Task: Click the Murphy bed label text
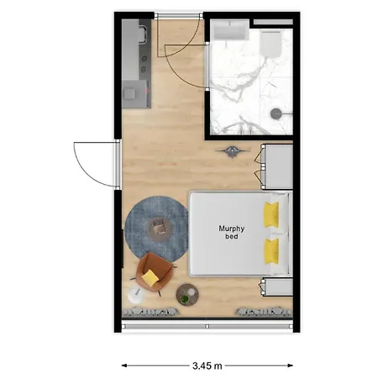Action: [x=232, y=232]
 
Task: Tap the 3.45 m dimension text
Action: [x=207, y=365]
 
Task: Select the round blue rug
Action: [x=156, y=229]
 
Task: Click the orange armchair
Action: [x=154, y=272]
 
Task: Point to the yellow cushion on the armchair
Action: [x=150, y=277]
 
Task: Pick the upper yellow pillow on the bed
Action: [x=271, y=214]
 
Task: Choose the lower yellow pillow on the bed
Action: [x=271, y=251]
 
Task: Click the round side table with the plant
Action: [x=187, y=295]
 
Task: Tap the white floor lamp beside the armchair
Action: [x=135, y=296]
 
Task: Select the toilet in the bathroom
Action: [x=270, y=44]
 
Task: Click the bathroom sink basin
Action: [x=230, y=30]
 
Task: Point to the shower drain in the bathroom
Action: [x=276, y=113]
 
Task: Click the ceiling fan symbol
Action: [x=233, y=151]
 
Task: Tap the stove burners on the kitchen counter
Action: [x=144, y=64]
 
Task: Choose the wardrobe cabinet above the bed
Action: [x=277, y=166]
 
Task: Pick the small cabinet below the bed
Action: [x=277, y=286]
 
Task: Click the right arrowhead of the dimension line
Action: [x=291, y=365]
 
